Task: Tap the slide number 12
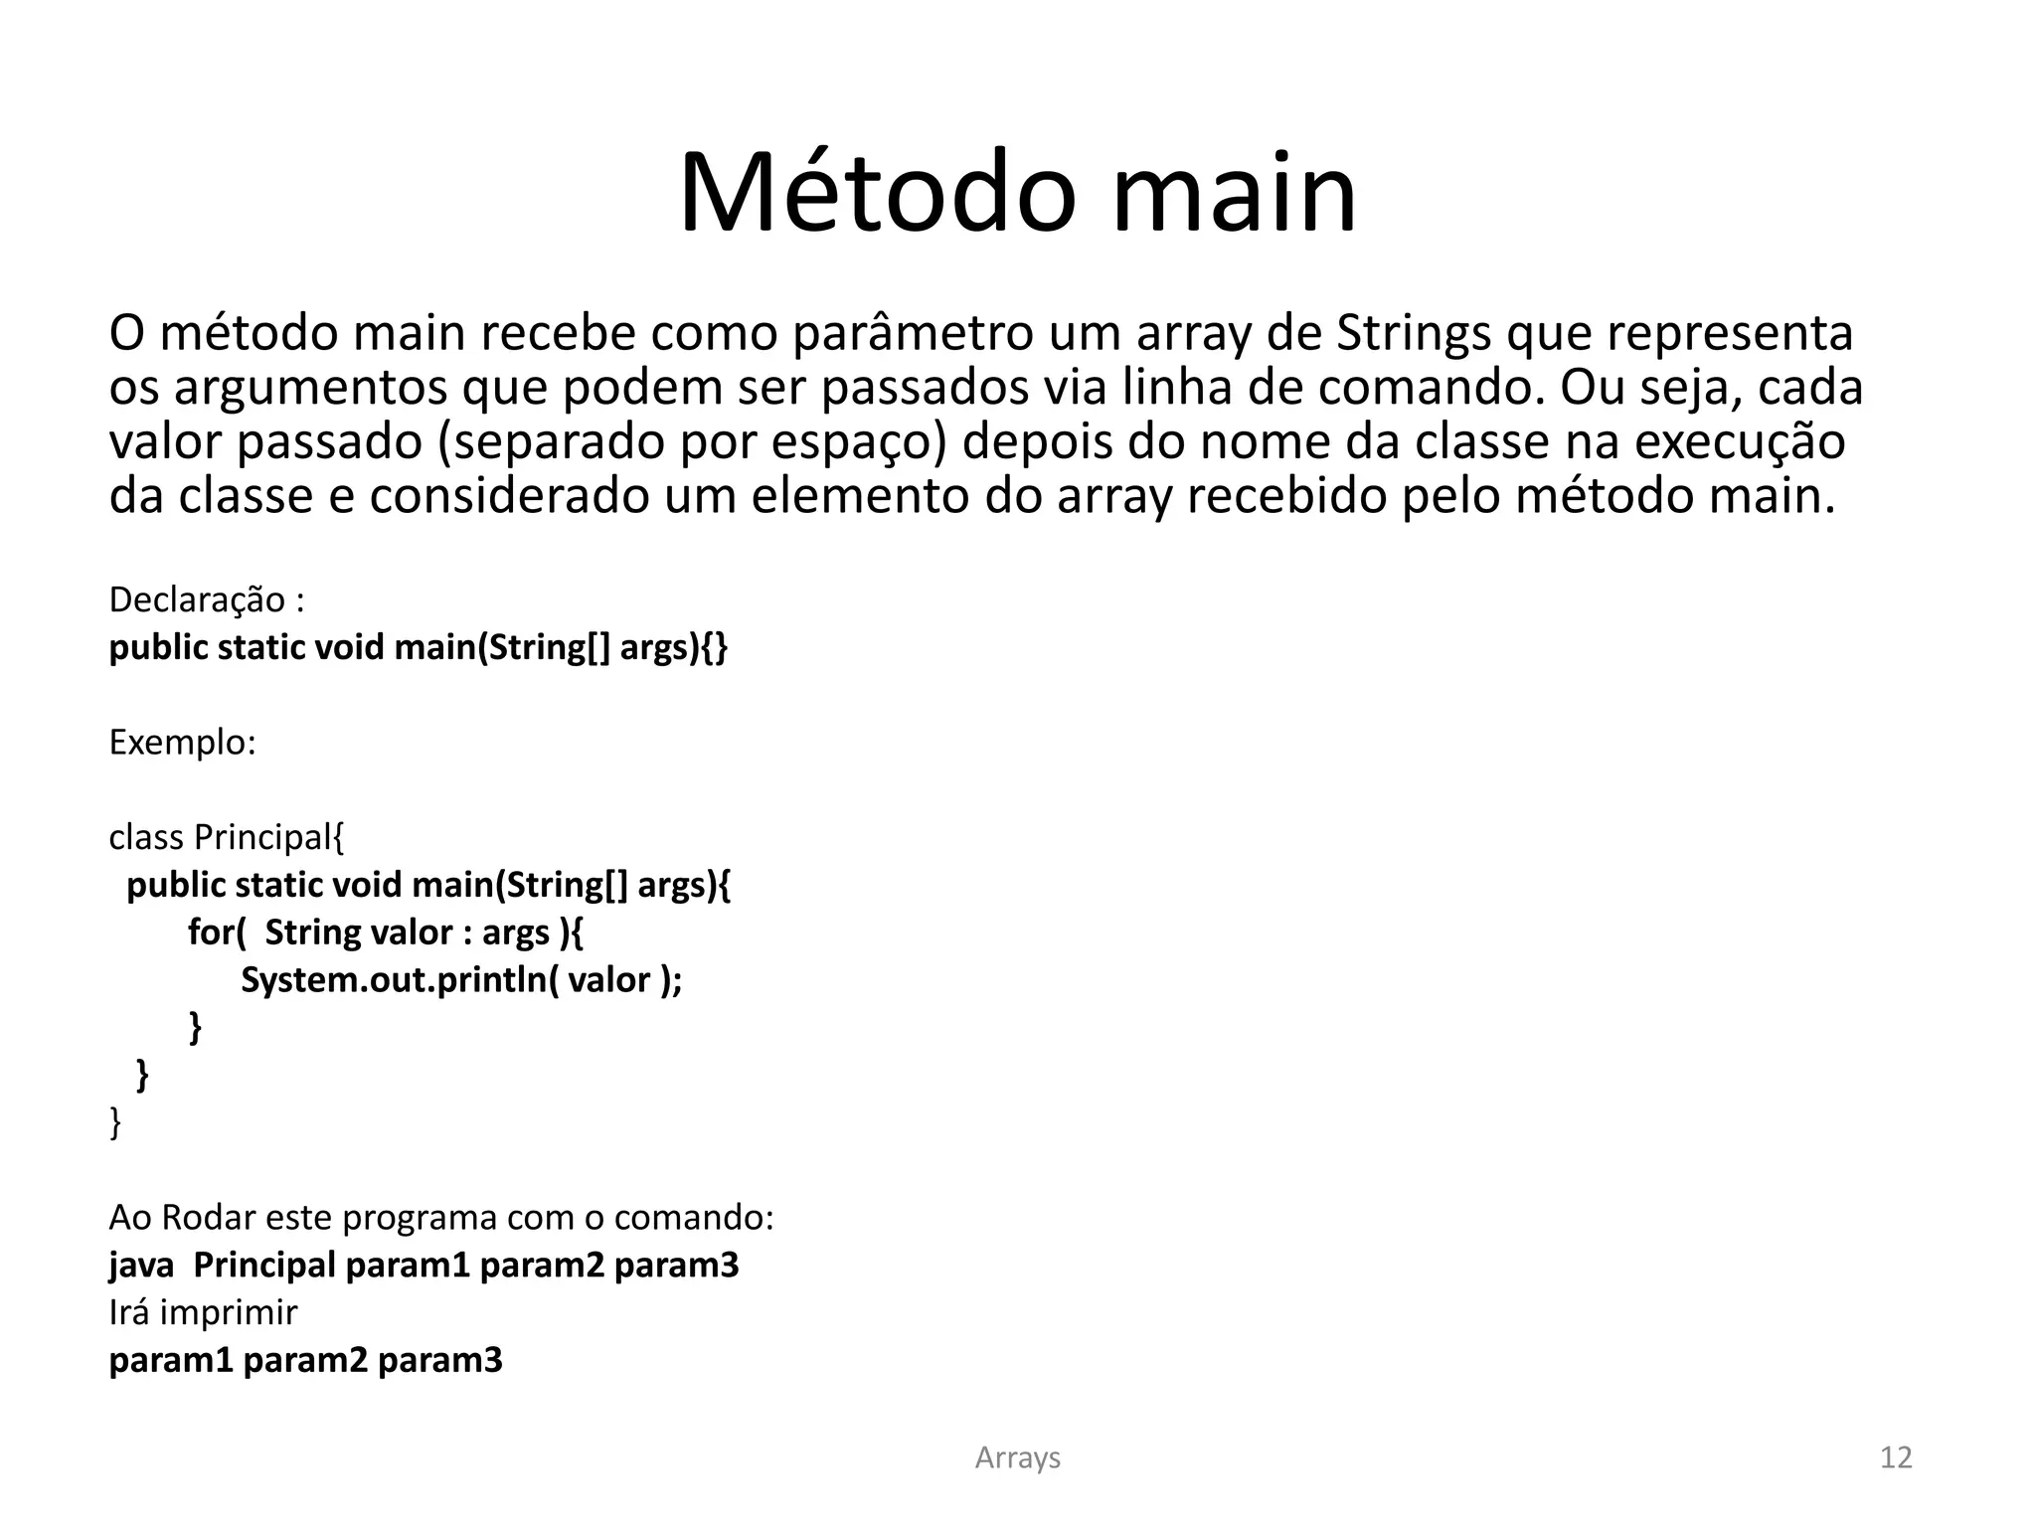pyautogui.click(x=1896, y=1457)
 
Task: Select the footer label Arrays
pyautogui.click(x=1017, y=1457)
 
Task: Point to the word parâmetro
pyautogui.click(x=913, y=334)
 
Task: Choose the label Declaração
pyautogui.click(x=197, y=600)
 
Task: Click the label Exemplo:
pyautogui.click(x=183, y=743)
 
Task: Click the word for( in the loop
pyautogui.click(x=217, y=933)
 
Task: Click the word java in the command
pyautogui.click(x=141, y=1266)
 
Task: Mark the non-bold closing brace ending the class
pyautogui.click(x=115, y=1123)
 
